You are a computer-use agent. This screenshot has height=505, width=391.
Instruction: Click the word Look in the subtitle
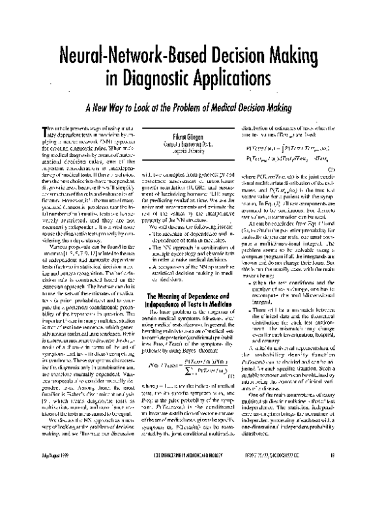click(x=151, y=108)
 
